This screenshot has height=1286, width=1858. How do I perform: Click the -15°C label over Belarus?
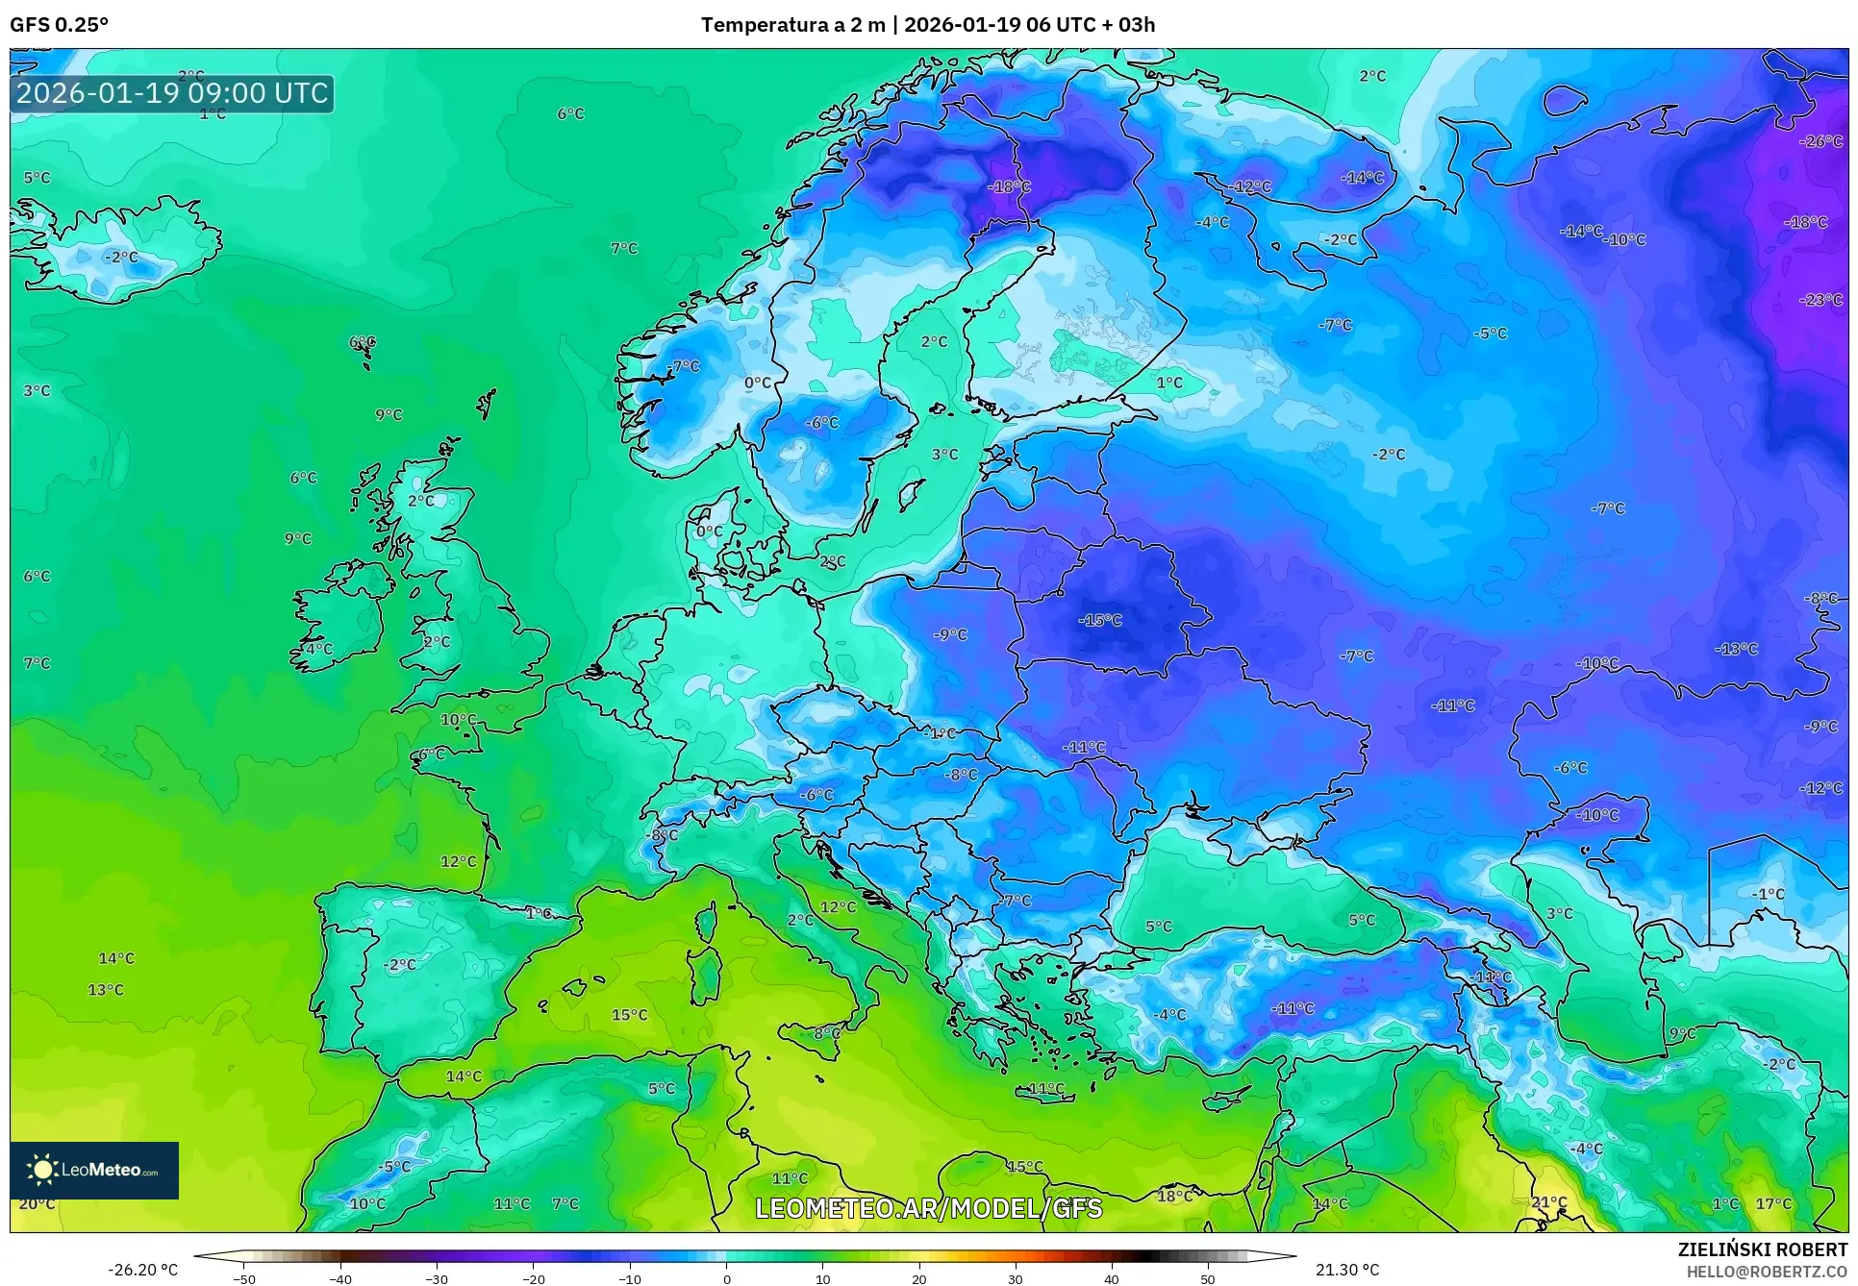click(1100, 620)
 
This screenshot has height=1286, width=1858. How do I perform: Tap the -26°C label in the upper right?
click(1820, 141)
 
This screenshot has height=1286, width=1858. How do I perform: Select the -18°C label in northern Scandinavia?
click(1009, 186)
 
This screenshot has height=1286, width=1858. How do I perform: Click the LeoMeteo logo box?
click(94, 1170)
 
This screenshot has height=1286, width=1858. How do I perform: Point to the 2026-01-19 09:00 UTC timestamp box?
click(172, 93)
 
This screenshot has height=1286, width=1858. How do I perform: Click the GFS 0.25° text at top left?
click(59, 25)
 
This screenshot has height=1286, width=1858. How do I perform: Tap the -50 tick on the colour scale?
click(244, 1278)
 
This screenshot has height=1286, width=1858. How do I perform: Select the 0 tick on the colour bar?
click(726, 1278)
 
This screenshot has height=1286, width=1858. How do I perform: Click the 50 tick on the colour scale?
click(1208, 1278)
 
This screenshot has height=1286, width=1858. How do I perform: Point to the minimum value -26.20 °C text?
click(142, 1270)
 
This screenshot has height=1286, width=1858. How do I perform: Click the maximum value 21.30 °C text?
click(1346, 1270)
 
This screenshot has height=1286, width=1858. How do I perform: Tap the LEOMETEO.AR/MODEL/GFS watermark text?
click(928, 1208)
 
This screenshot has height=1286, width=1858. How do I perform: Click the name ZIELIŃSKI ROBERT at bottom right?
click(1762, 1249)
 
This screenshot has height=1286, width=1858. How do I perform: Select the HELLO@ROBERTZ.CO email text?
click(1767, 1272)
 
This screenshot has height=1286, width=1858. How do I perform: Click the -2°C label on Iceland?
click(121, 257)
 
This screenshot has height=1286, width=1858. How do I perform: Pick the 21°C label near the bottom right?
click(1548, 1202)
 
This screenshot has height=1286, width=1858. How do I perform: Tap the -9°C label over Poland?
click(950, 634)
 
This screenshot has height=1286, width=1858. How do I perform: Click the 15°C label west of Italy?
click(629, 1015)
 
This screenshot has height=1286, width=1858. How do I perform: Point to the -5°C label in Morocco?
click(393, 1167)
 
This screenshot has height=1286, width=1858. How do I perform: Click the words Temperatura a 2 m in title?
click(792, 25)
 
